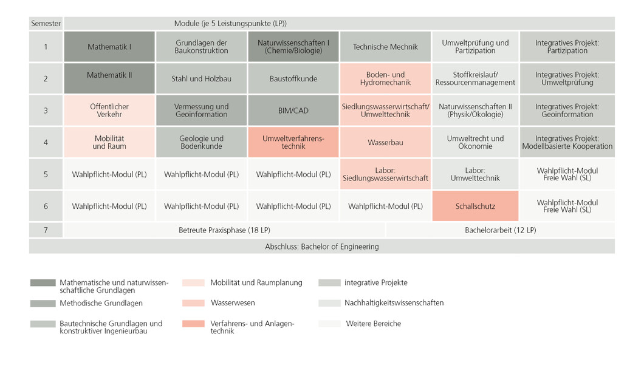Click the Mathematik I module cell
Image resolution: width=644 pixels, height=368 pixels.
pyautogui.click(x=109, y=46)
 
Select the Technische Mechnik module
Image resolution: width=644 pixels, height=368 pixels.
pyautogui.click(x=385, y=46)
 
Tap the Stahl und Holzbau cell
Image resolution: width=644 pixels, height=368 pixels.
pyautogui.click(x=201, y=78)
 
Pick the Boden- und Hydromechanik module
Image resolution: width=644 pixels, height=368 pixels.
pyautogui.click(x=385, y=78)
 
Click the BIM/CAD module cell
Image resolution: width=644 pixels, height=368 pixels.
pyautogui.click(x=293, y=111)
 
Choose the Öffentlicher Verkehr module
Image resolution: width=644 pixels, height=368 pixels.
pyautogui.click(x=109, y=111)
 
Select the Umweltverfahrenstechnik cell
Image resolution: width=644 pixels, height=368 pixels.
pyautogui.click(x=293, y=142)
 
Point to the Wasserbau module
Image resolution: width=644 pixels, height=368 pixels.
pyautogui.click(x=385, y=142)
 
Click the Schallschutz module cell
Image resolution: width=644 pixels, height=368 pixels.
pyautogui.click(x=475, y=206)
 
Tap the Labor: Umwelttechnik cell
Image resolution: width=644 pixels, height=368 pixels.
pyautogui.click(x=475, y=174)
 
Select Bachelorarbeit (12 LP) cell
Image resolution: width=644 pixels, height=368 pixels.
pyautogui.click(x=500, y=230)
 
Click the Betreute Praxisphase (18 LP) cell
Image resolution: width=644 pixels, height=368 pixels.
pyautogui.click(x=224, y=230)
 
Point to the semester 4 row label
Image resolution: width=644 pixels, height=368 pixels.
pyautogui.click(x=46, y=142)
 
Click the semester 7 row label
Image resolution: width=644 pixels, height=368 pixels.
pyautogui.click(x=46, y=230)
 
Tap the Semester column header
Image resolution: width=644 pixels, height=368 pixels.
pyautogui.click(x=46, y=24)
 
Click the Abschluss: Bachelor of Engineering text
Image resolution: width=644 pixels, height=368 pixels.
pyautogui.click(x=321, y=247)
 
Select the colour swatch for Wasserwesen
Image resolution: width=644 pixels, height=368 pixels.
pyautogui.click(x=193, y=303)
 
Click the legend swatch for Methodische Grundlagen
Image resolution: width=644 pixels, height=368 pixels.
pyautogui.click(x=43, y=304)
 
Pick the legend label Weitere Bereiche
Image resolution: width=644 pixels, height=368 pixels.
pyautogui.click(x=374, y=324)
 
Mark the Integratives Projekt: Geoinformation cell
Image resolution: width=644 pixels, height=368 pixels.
pyautogui.click(x=567, y=111)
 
